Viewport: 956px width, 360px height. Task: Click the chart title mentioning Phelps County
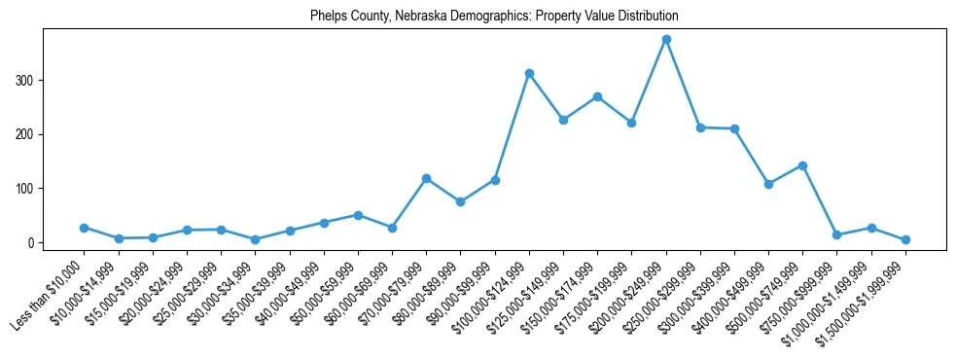point(494,17)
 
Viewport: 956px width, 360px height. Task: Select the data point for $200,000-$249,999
point(666,40)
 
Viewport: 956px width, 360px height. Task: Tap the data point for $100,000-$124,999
point(529,73)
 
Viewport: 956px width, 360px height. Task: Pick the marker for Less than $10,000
point(84,228)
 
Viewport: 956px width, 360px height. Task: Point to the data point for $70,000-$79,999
point(426,178)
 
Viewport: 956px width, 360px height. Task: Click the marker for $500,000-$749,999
point(802,165)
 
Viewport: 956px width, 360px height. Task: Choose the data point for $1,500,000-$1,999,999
point(905,239)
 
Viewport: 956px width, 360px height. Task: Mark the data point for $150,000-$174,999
point(597,96)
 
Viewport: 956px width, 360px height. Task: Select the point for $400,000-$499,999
point(768,184)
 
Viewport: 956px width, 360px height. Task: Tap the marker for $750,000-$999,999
point(836,234)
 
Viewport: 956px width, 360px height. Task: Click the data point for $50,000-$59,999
point(358,215)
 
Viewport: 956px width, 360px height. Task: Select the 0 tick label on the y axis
point(33,242)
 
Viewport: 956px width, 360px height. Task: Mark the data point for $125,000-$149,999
point(563,120)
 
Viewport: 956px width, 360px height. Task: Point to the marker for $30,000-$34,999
point(255,239)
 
